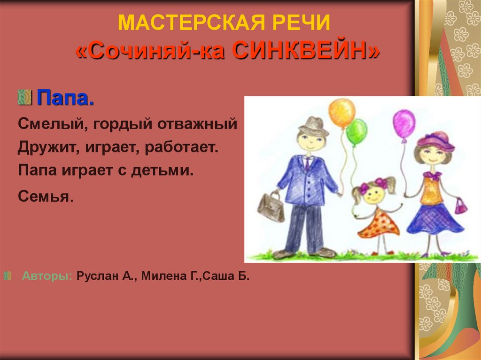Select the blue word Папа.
click(x=66, y=99)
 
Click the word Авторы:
click(x=47, y=276)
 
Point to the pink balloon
click(x=404, y=123)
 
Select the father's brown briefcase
click(x=271, y=207)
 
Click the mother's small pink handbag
click(x=461, y=206)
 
